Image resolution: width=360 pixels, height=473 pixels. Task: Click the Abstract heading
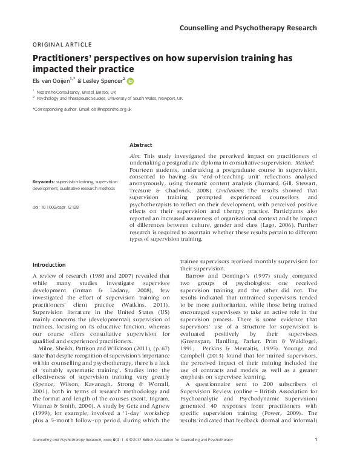point(141,145)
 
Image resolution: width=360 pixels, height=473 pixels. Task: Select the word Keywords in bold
point(44,181)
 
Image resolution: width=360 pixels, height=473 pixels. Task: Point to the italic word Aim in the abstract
point(136,156)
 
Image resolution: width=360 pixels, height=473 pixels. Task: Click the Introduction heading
point(50,264)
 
